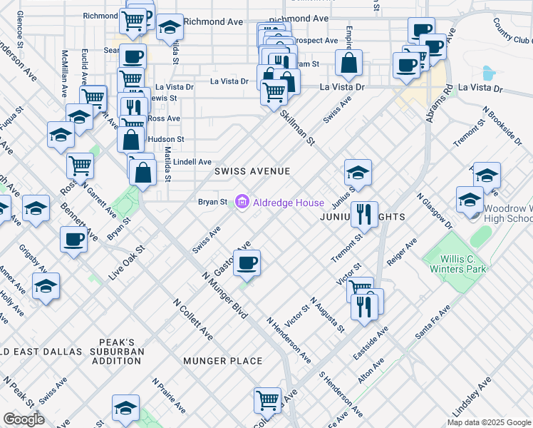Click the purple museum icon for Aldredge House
coord(242,203)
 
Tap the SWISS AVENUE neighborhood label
coord(253,172)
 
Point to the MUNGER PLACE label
coord(223,361)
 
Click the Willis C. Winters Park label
coord(457,263)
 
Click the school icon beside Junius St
coord(358,172)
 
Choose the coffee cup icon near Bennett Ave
coord(73,240)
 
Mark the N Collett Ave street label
coord(193,318)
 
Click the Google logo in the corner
coord(24,419)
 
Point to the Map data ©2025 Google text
coord(489,422)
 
